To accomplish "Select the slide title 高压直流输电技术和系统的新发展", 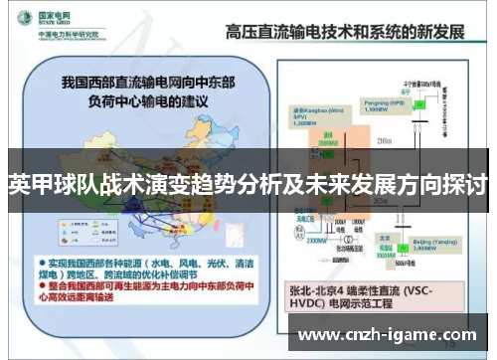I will tap(346, 31).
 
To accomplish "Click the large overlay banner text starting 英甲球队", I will tap(248, 184).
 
